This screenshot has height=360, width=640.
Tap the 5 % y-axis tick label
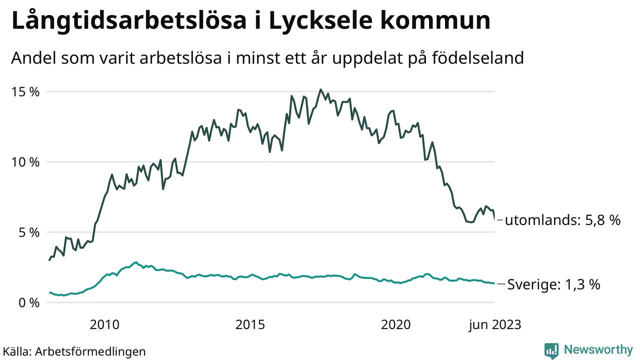coord(29,232)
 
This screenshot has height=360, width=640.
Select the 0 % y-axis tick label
coord(29,303)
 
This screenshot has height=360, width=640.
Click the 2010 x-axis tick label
coord(104,325)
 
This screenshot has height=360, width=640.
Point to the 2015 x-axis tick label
coord(250,325)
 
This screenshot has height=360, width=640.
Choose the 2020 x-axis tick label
coord(395,325)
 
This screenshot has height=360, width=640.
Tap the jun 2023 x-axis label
coord(494,325)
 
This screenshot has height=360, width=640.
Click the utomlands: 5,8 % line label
coord(562,220)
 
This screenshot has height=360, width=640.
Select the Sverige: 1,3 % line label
coord(553,285)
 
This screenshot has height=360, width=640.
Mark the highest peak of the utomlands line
coord(320,90)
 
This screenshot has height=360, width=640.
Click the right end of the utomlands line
coord(494,219)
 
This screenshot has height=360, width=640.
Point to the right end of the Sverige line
coord(494,283)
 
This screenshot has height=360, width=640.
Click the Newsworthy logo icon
coord(551,350)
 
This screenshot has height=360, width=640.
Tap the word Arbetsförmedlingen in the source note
coord(90,351)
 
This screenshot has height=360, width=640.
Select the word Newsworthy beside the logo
coord(598,349)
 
